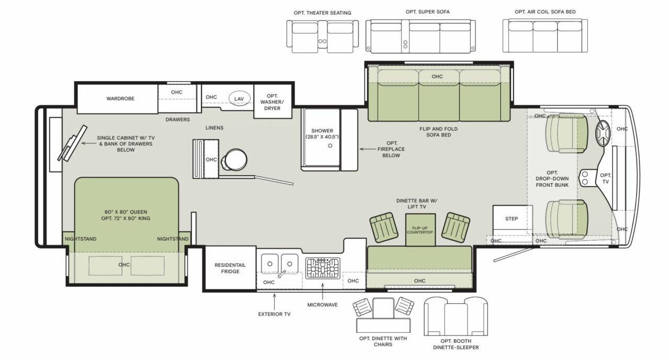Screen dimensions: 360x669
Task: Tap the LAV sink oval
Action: tap(239, 98)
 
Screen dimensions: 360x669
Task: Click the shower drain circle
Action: tap(331, 146)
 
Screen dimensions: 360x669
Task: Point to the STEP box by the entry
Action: tap(512, 219)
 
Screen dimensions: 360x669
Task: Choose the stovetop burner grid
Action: tap(322, 268)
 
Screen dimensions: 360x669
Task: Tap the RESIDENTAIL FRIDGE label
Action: tap(230, 268)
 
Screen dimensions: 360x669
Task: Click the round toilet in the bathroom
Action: tap(234, 160)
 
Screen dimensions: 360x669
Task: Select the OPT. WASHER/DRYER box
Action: tap(272, 102)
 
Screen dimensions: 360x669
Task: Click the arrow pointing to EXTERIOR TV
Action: tap(274, 301)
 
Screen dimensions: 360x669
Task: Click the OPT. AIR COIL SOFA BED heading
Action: tap(545, 12)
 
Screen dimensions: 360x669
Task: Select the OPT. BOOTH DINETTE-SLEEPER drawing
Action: tap(455, 317)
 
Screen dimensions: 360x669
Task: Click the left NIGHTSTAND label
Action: tap(81, 239)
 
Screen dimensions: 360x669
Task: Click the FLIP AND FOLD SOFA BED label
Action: tap(435, 131)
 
